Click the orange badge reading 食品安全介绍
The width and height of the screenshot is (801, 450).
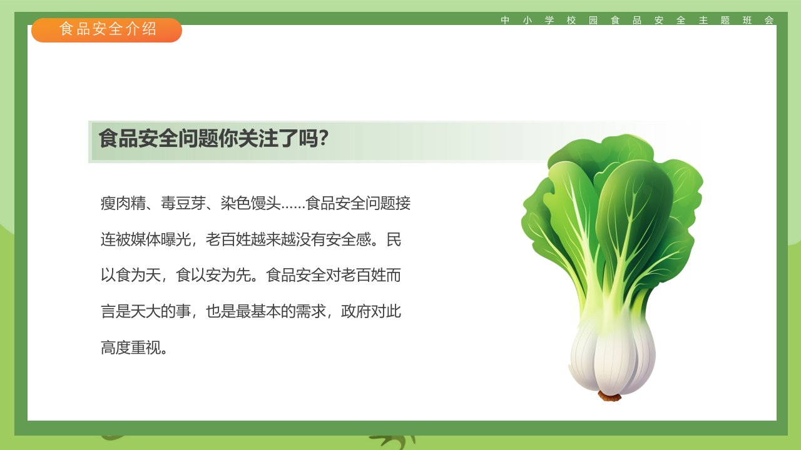click(106, 30)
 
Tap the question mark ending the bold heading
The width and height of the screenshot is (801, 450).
click(324, 138)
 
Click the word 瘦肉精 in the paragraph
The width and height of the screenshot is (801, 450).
click(123, 204)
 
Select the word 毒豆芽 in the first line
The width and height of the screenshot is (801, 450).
click(183, 204)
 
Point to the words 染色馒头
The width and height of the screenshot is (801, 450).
click(251, 204)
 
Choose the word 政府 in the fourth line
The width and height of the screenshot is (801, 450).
click(356, 311)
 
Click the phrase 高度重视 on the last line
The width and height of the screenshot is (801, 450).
click(131, 348)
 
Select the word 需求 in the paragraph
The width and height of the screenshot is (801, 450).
click(311, 311)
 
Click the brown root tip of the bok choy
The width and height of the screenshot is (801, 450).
click(610, 396)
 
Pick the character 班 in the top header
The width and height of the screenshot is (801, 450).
click(747, 21)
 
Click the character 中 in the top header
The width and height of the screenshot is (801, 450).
click(505, 21)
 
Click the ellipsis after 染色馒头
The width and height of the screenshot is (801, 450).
click(293, 206)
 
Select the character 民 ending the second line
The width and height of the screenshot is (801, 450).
click(394, 239)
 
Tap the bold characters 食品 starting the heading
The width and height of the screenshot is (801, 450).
click(118, 138)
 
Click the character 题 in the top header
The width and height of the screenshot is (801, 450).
click(725, 21)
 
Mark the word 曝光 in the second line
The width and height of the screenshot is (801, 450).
click(176, 239)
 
